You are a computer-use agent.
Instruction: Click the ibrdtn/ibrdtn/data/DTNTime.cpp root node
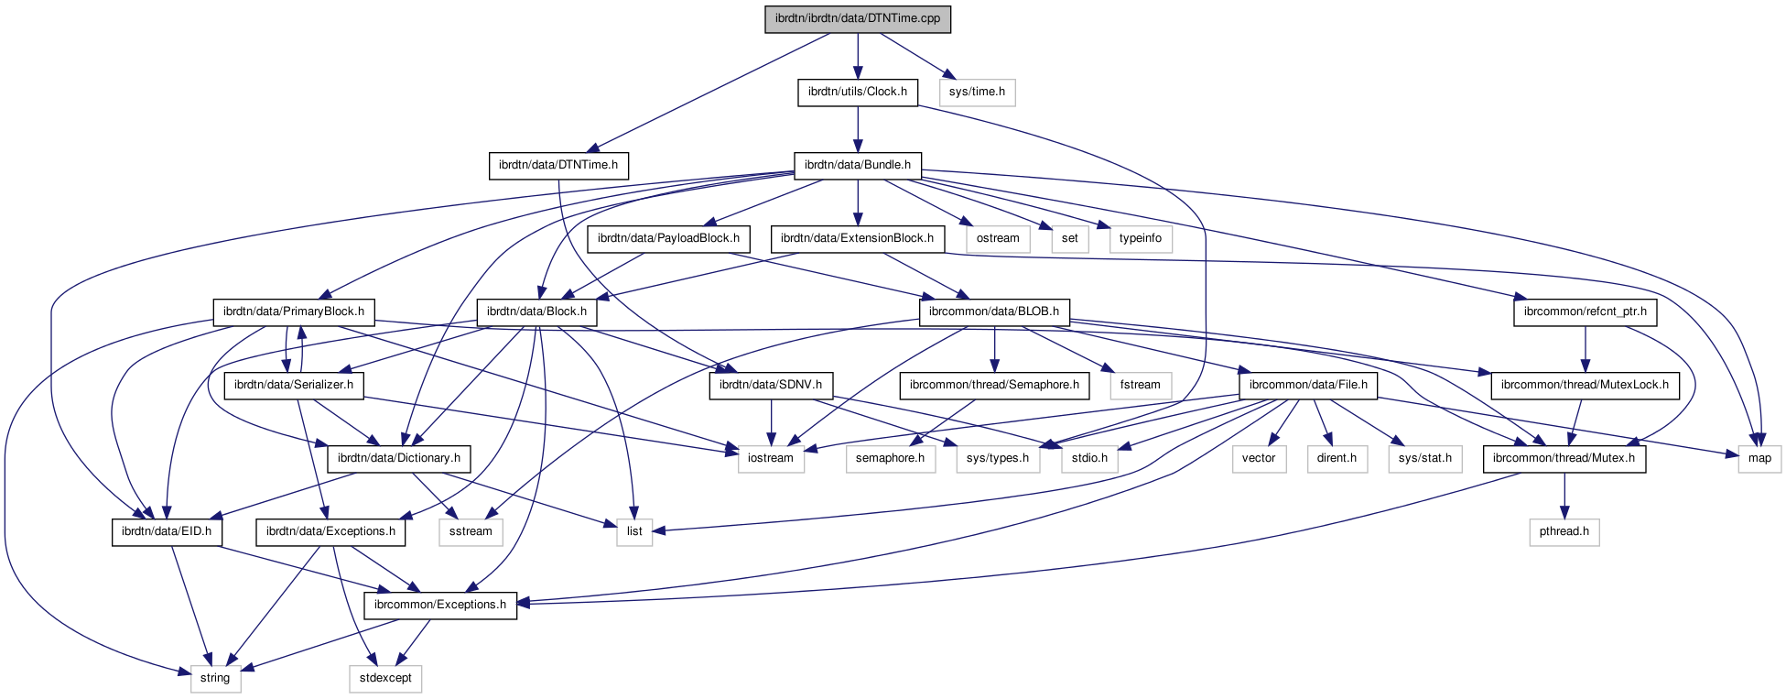[x=858, y=18]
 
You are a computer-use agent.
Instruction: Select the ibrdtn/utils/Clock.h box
[x=857, y=92]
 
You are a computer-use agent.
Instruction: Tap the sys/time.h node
[x=977, y=92]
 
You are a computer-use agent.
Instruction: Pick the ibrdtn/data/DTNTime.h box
[x=557, y=165]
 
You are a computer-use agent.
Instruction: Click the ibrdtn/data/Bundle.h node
[x=857, y=165]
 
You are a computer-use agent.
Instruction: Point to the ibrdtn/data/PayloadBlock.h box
[x=668, y=238]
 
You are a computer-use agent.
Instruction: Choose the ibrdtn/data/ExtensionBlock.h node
[x=857, y=238]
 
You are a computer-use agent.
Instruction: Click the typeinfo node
[x=1140, y=238]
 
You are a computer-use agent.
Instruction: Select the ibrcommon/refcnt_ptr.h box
[x=1585, y=311]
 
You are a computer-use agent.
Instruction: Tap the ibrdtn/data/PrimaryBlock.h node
[x=294, y=311]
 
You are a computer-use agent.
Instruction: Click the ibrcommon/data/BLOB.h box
[x=993, y=311]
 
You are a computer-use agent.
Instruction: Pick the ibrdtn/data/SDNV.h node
[x=770, y=385]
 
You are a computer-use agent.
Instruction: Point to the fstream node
[x=1140, y=385]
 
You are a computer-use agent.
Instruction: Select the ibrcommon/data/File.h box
[x=1307, y=385]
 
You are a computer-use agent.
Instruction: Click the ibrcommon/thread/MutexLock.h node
[x=1585, y=385]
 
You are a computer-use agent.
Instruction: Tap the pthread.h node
[x=1564, y=531]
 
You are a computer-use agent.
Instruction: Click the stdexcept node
[x=385, y=678]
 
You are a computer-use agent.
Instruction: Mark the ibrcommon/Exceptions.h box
[x=439, y=605]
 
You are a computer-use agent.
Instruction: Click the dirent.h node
[x=1337, y=458]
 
